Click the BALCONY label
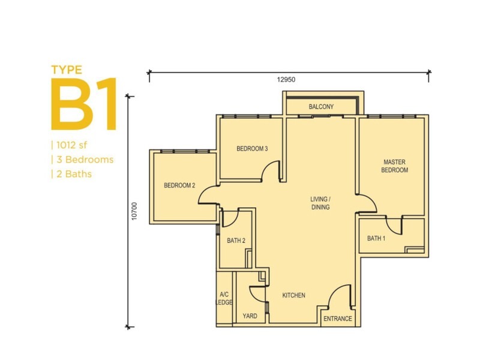click(321, 107)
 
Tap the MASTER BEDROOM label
click(394, 166)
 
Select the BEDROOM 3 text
click(252, 149)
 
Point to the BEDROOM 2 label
click(179, 185)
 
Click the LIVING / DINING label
click(320, 203)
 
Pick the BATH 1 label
click(376, 238)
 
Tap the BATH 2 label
click(236, 241)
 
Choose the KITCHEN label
click(293, 295)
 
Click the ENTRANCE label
click(338, 319)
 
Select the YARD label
click(250, 316)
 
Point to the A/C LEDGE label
click(224, 298)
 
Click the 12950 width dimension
click(286, 80)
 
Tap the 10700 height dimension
click(134, 211)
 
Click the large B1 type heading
click(84, 104)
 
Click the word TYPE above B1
click(67, 70)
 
